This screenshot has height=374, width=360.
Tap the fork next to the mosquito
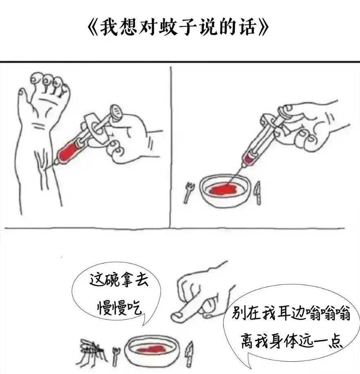tap(116, 356)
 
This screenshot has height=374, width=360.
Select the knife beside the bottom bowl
tap(190, 354)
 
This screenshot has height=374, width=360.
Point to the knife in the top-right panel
tap(258, 193)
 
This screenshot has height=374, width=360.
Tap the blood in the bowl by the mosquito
tap(152, 349)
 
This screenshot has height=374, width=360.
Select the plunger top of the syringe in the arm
tap(117, 113)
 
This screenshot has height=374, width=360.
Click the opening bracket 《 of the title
tap(93, 27)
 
